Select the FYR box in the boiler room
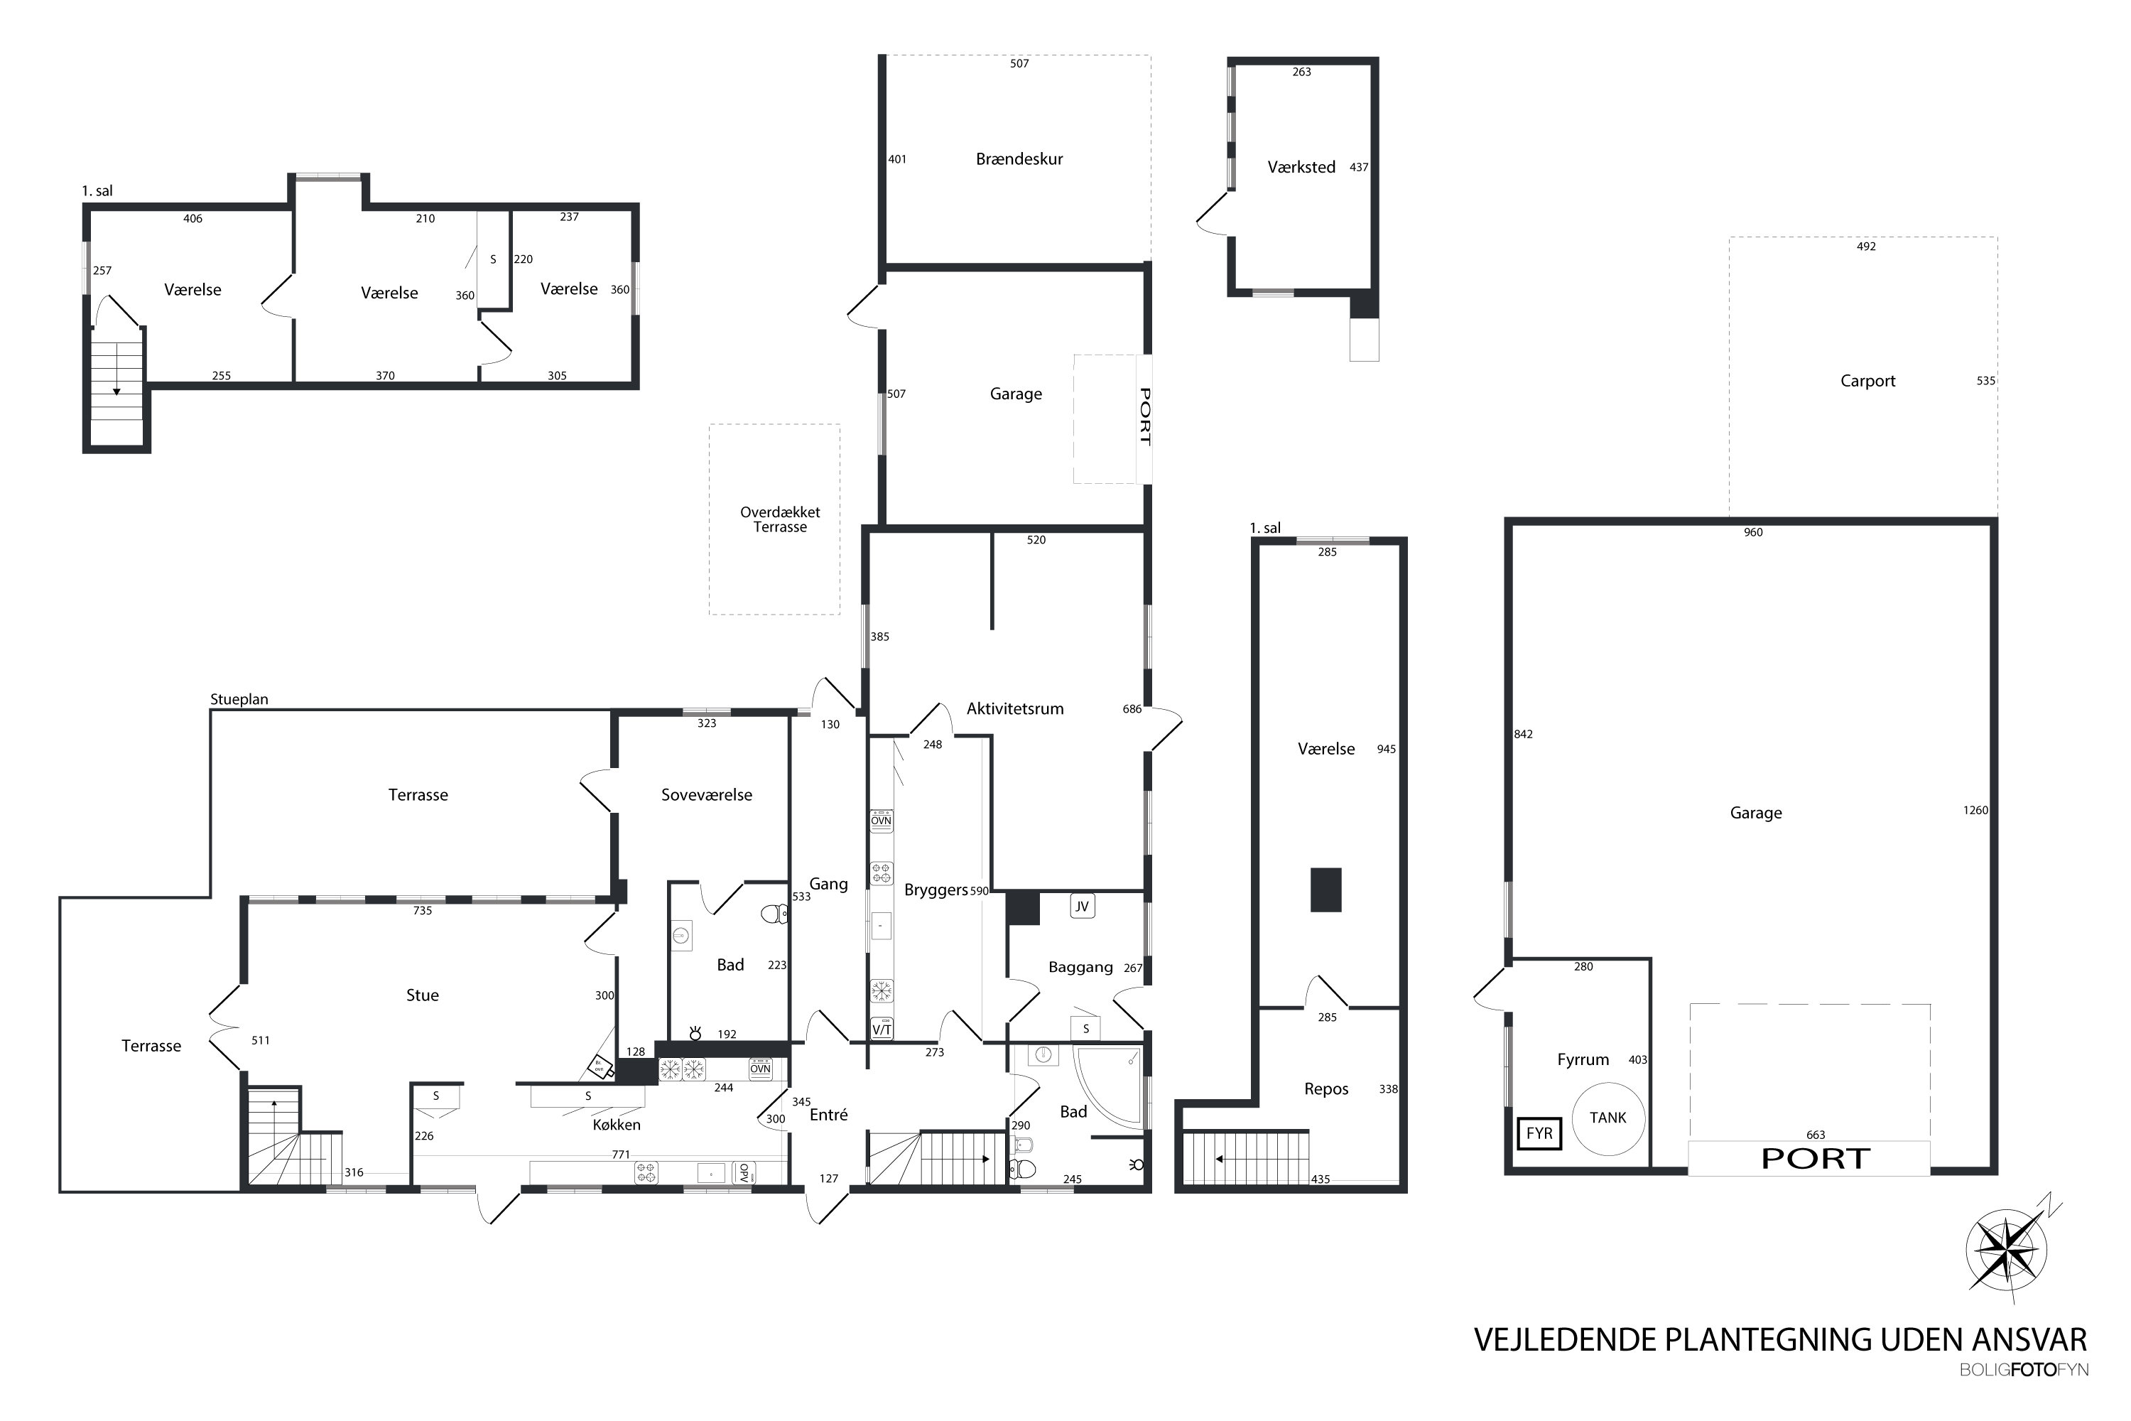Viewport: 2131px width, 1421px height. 1539,1134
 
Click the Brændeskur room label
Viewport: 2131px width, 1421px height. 1019,159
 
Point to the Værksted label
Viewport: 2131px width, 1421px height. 1301,167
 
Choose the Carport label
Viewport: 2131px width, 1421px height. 1867,382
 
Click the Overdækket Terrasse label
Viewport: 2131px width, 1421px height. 780,519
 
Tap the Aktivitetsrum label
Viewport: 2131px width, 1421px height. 1015,708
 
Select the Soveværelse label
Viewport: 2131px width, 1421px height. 707,795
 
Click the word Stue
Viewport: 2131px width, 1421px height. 422,995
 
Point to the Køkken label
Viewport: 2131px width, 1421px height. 616,1125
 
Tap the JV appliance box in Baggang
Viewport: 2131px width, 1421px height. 1082,907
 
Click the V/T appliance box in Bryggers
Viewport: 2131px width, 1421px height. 882,1030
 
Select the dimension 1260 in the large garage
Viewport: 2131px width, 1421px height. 1975,810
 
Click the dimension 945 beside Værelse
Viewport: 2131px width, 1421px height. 1387,750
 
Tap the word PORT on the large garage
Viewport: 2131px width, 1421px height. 1816,1159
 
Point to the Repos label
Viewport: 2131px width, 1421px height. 1326,1089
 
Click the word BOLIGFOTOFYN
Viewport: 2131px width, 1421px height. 2023,1371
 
